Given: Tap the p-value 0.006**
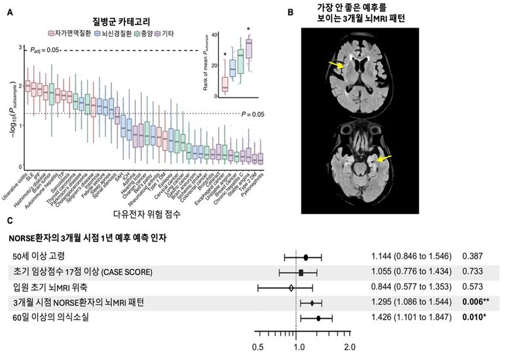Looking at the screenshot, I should [x=476, y=303].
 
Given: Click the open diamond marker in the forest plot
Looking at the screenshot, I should [x=291, y=287].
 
